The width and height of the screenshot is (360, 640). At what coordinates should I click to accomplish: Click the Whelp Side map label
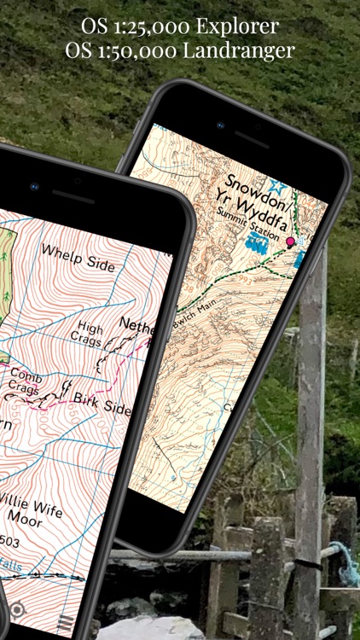pos(78,257)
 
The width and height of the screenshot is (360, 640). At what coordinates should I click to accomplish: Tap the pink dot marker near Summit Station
pos(290,242)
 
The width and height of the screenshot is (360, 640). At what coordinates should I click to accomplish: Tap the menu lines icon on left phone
pos(64,625)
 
